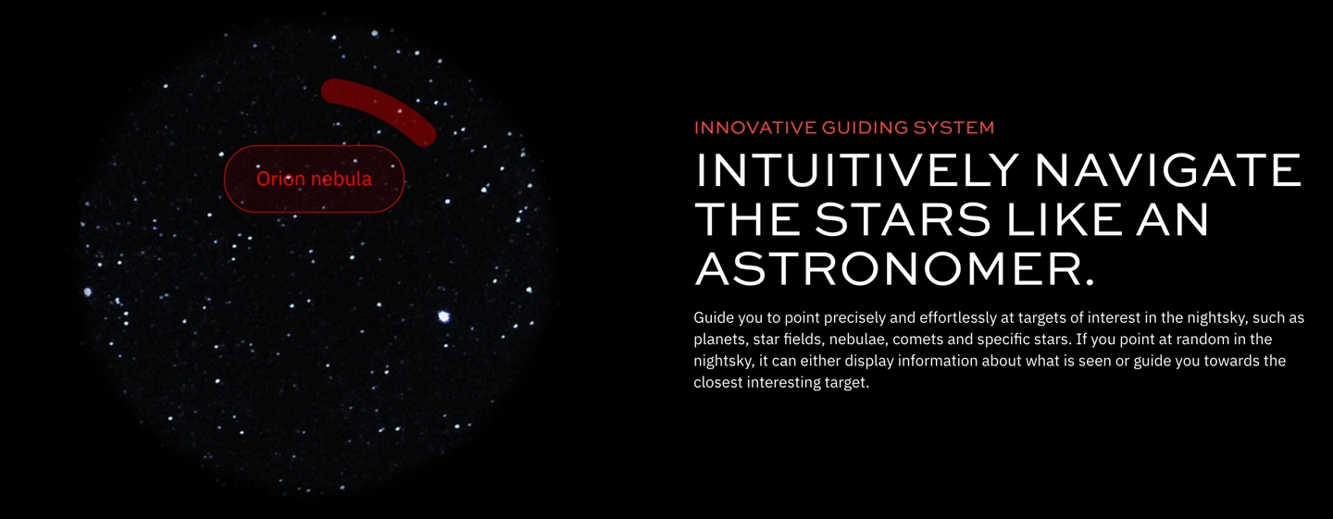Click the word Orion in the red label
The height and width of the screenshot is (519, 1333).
coord(280,179)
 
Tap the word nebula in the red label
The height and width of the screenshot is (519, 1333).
coord(342,179)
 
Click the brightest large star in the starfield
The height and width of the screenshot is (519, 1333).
coord(443,316)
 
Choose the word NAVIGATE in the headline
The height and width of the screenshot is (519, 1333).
coord(1169,170)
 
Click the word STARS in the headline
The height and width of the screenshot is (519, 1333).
coord(903,219)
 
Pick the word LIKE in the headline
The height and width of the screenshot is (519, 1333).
coord(1064,219)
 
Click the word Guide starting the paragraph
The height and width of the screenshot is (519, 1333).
coord(714,317)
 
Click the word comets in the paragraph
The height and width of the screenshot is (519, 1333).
coord(925,340)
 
